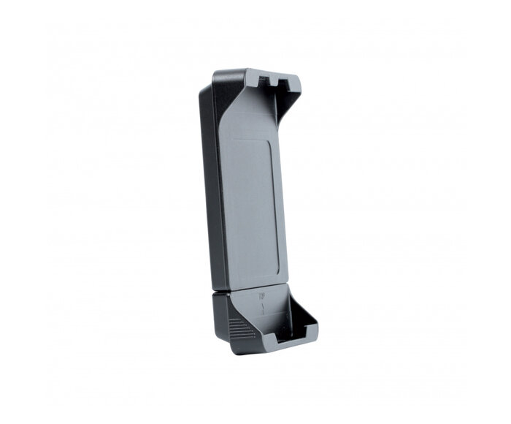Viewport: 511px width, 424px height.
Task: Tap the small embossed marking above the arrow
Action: coord(261,297)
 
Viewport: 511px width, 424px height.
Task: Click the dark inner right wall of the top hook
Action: coord(292,95)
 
